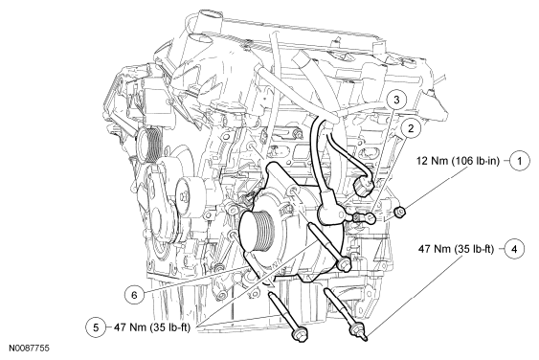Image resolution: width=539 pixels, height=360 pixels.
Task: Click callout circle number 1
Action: click(x=520, y=161)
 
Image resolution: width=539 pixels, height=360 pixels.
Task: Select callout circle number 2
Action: click(x=411, y=128)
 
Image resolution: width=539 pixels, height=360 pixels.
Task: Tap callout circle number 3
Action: click(x=396, y=100)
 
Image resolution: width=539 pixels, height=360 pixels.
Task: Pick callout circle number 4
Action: click(x=514, y=249)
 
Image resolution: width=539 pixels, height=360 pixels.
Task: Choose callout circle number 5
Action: click(x=96, y=327)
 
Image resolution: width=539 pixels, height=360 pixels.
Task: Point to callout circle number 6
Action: click(x=134, y=295)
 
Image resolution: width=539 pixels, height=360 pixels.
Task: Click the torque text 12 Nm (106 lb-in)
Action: click(x=458, y=161)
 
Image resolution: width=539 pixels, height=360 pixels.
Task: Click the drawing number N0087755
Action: click(x=30, y=348)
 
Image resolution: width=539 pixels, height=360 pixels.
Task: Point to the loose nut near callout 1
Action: click(x=400, y=213)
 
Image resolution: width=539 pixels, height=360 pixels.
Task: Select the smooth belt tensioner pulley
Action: click(x=189, y=197)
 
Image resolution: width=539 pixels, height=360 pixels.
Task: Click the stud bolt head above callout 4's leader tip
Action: click(x=357, y=329)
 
